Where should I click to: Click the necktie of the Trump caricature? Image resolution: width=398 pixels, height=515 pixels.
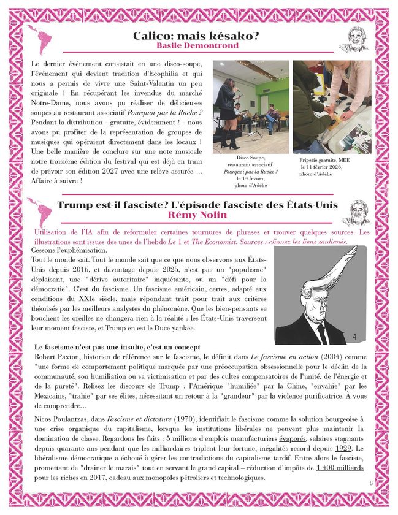(x=322, y=330)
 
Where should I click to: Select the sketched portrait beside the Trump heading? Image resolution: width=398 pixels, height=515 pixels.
(x=356, y=212)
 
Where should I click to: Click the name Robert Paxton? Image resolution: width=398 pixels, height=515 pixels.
(x=59, y=356)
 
